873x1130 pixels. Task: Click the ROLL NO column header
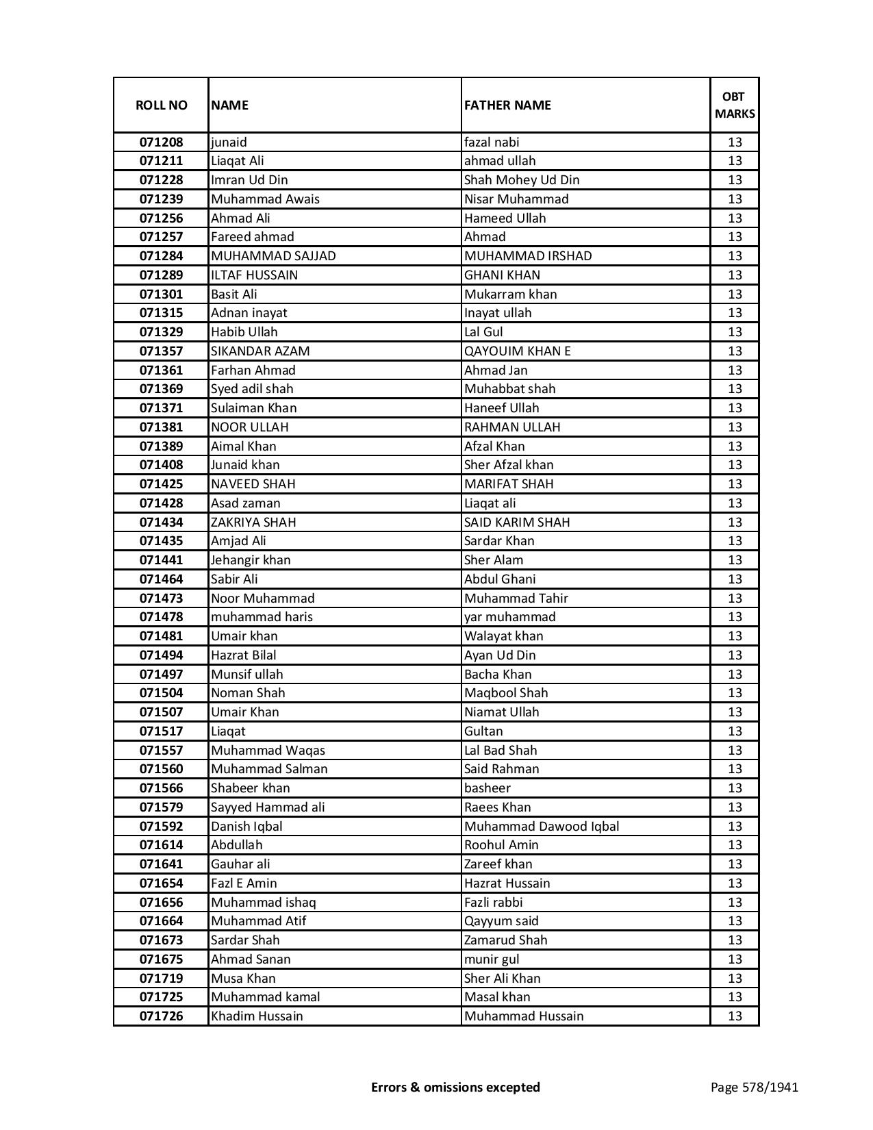coord(161,105)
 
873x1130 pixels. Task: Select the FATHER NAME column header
coord(507,105)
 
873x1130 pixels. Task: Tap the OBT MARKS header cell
coord(735,105)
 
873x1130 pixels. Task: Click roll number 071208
coord(161,142)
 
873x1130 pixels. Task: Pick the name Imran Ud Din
coord(249,180)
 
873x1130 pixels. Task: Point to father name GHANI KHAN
coord(502,275)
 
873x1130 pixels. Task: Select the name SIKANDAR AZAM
coord(260,351)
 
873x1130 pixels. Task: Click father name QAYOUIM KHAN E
coord(517,351)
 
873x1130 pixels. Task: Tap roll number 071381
coord(161,427)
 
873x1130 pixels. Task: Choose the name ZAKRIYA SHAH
coord(253,523)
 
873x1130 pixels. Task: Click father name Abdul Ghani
coord(500,579)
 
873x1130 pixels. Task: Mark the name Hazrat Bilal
coord(244,655)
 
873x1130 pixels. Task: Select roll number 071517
coord(161,731)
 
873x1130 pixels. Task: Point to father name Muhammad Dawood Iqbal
coord(542,827)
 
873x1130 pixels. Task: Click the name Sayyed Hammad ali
coord(268,807)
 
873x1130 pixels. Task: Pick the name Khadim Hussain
coord(257,1016)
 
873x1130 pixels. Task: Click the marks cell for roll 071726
coord(735,1016)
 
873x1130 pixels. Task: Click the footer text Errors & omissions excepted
coord(455,1087)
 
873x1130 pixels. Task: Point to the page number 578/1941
coord(755,1087)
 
